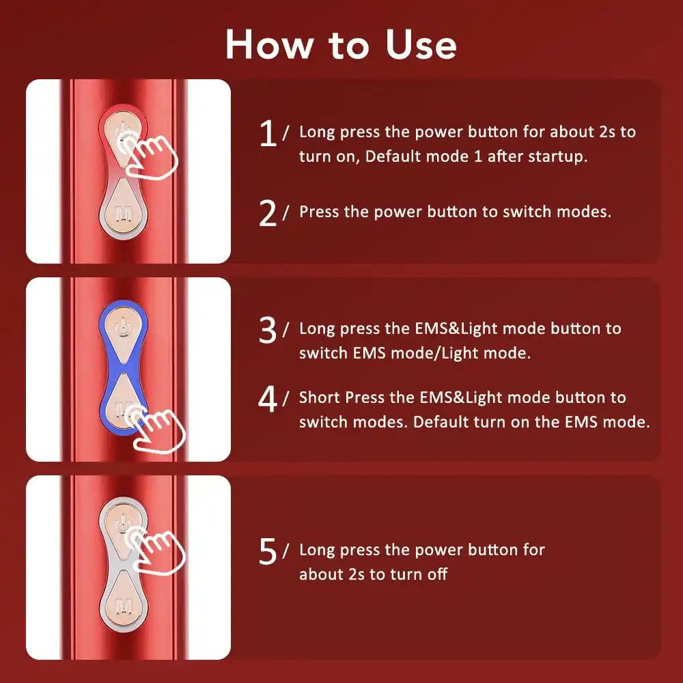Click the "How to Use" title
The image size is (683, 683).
341,44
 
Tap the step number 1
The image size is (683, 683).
268,133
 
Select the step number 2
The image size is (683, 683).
268,213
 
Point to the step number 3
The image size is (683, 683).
268,330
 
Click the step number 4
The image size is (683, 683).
268,400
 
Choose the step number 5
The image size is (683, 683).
268,552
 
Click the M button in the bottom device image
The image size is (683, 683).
124,606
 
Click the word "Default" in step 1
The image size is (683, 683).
391,156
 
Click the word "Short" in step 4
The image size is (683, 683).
320,398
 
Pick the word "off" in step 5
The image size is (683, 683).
436,574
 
